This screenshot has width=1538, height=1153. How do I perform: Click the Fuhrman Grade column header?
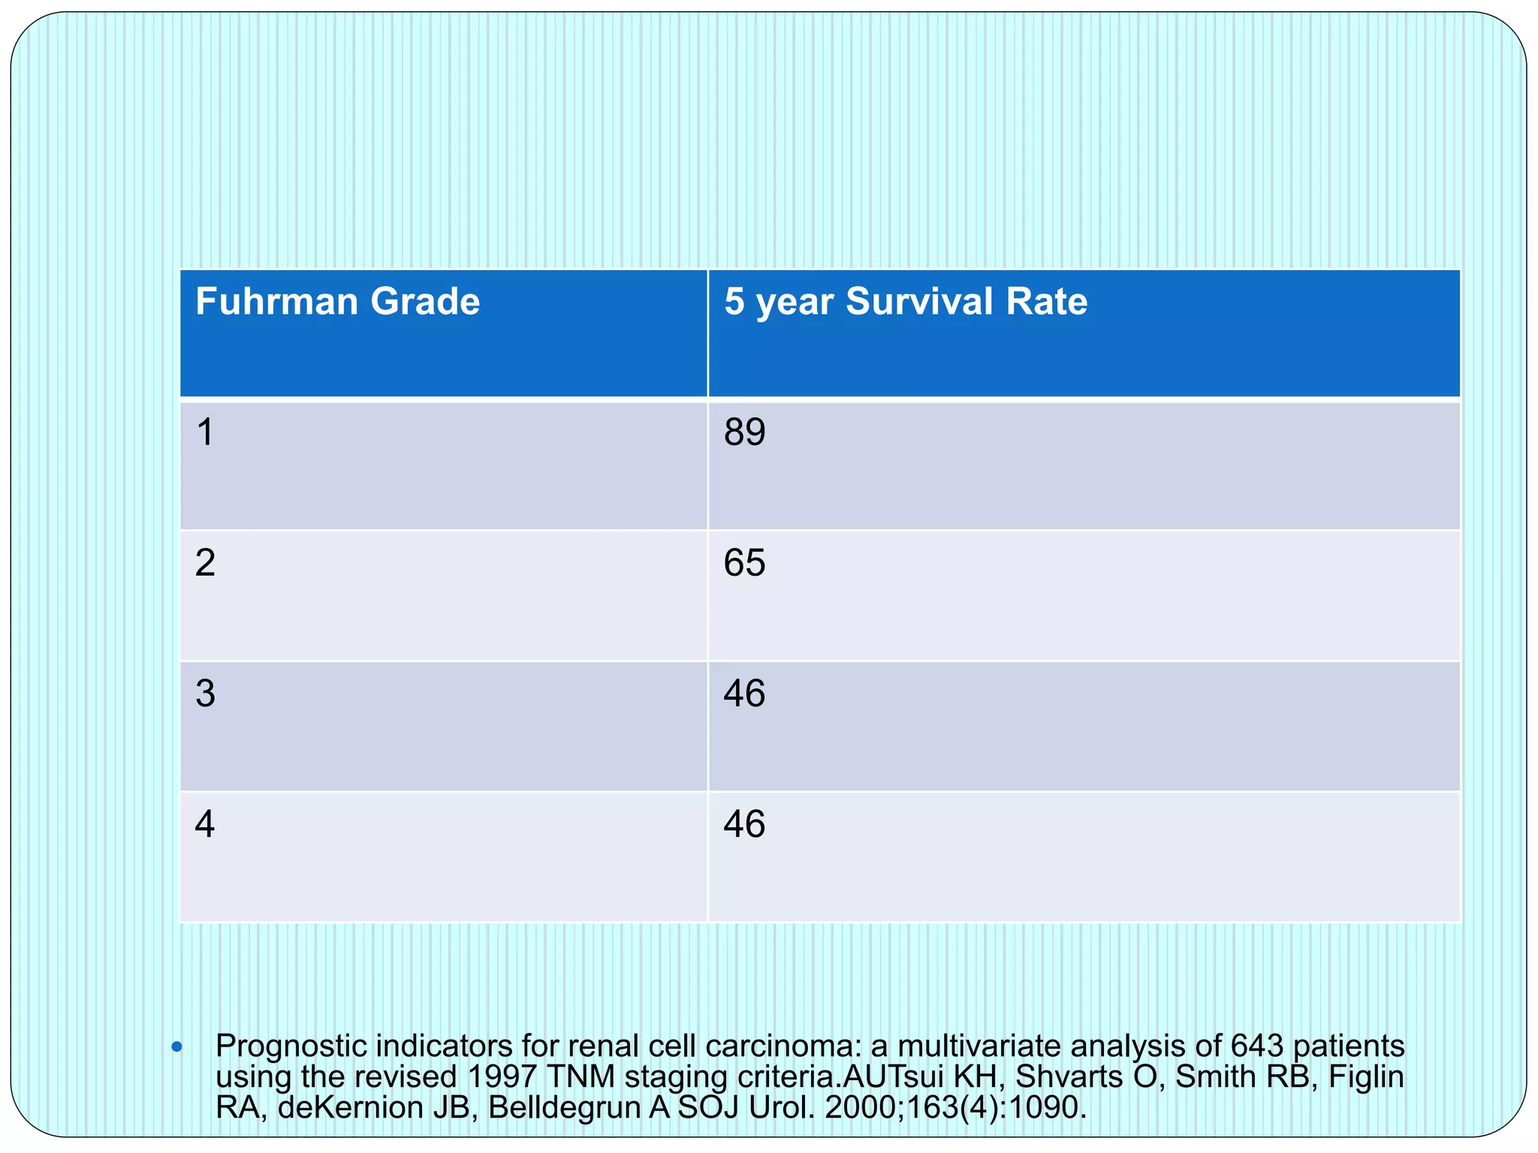pos(337,302)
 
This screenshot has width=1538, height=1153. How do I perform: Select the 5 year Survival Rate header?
pos(905,302)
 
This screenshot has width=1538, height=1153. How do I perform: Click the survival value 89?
pos(744,433)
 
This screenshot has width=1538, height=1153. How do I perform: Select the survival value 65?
pos(744,563)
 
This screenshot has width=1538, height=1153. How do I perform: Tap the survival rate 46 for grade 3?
pos(744,694)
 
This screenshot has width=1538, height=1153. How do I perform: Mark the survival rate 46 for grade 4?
pos(744,824)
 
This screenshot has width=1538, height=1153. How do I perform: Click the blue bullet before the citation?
pos(176,1046)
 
